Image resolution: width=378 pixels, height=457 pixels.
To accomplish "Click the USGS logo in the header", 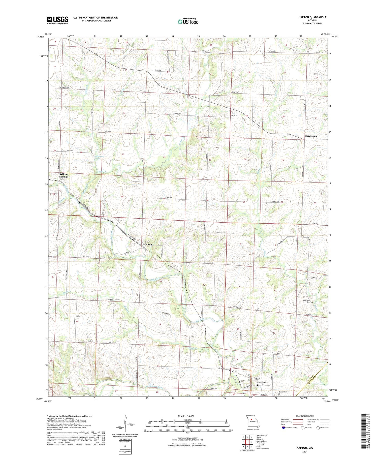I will point(57,20).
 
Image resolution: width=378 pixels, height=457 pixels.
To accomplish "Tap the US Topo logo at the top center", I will point(188,21).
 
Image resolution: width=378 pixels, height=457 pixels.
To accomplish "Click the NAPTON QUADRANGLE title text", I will point(311,17).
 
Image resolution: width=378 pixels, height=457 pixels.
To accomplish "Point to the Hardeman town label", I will point(311,136).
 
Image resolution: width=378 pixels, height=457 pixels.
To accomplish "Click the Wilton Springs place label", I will point(64,175).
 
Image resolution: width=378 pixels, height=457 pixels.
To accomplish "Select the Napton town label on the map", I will point(148,244).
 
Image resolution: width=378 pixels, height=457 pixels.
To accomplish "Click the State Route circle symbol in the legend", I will point(318,428).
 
